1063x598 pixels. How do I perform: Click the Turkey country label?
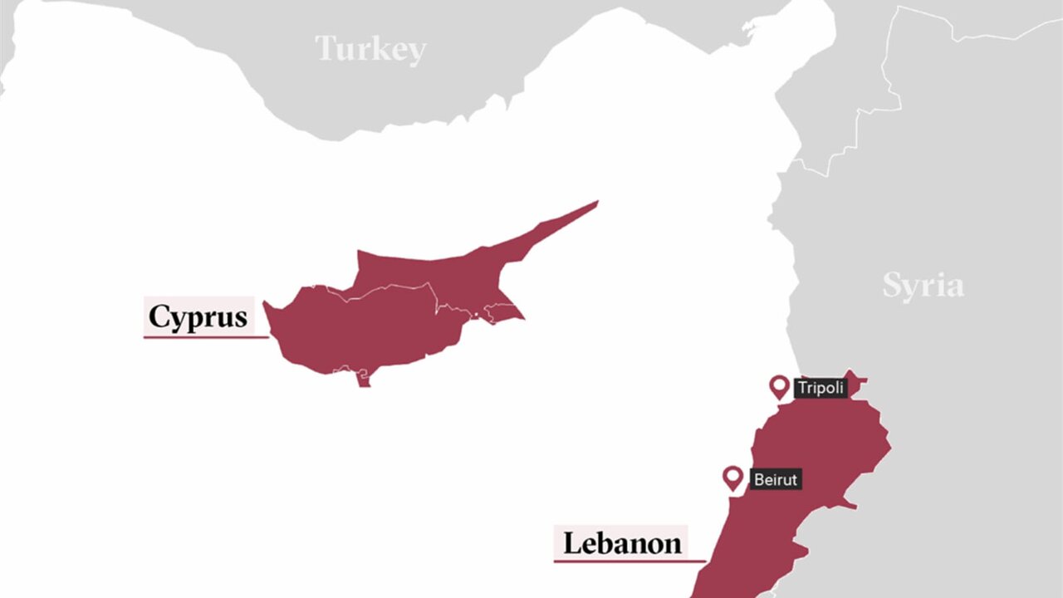point(370,49)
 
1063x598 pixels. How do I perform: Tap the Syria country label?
point(923,286)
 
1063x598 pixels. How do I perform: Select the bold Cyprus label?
point(198,317)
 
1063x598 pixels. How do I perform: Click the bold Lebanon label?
point(622,543)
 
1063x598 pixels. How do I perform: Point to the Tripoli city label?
point(821,388)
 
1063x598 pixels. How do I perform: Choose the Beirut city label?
point(776,479)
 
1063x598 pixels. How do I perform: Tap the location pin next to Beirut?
point(732,477)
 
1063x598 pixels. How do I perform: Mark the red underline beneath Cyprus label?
point(206,337)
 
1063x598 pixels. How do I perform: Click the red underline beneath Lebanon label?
point(629,562)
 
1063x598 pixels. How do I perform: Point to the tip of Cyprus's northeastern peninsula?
point(595,202)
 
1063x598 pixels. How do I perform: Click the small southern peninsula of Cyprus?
point(363,380)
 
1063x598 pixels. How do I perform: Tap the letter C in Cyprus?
point(159,316)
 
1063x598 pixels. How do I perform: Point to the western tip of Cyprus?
point(266,305)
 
